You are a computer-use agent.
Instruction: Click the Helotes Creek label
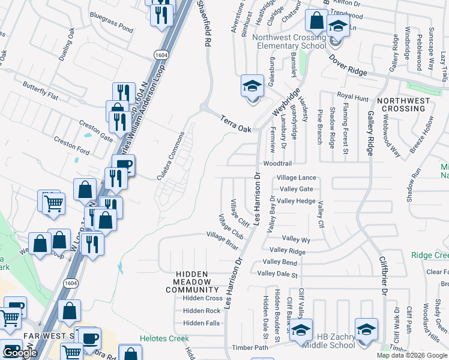pyautogui.click(x=164, y=338)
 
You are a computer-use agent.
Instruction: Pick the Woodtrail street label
pyautogui.click(x=277, y=164)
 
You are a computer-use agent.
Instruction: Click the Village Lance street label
pyautogui.click(x=296, y=178)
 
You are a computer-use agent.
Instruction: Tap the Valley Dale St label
pyautogui.click(x=277, y=274)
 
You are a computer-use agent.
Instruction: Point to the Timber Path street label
pyautogui.click(x=250, y=347)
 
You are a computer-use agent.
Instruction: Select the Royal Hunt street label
pyautogui.click(x=352, y=95)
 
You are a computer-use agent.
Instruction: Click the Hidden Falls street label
pyautogui.click(x=202, y=323)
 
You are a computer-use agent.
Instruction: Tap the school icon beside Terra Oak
pyautogui.click(x=252, y=86)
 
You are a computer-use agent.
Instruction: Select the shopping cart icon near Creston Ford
pyautogui.click(x=53, y=202)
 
